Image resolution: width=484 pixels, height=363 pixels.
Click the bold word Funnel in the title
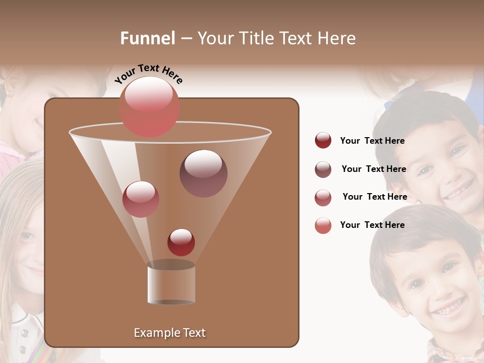pyautogui.click(x=147, y=38)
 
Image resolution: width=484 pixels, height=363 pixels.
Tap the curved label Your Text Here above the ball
pyautogui.click(x=148, y=74)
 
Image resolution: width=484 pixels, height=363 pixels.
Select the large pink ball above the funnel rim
pyautogui.click(x=149, y=107)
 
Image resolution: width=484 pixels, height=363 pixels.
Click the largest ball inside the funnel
pyautogui.click(x=203, y=173)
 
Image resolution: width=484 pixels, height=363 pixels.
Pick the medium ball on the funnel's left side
pyautogui.click(x=141, y=199)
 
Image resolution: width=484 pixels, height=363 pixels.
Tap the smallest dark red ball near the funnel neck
pyautogui.click(x=181, y=242)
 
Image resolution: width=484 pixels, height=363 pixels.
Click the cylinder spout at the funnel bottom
pyautogui.click(x=171, y=283)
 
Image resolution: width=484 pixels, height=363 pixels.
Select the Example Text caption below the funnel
pyautogui.click(x=169, y=333)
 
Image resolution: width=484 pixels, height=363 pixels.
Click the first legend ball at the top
pyautogui.click(x=323, y=140)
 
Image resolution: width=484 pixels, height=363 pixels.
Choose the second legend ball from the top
pyautogui.click(x=323, y=169)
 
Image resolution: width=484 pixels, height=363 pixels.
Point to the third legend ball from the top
pyautogui.click(x=323, y=198)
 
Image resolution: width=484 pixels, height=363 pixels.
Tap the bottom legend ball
pyautogui.click(x=323, y=225)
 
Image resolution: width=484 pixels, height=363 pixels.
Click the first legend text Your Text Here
pyautogui.click(x=372, y=141)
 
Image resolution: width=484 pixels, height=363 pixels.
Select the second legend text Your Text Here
pyautogui.click(x=374, y=169)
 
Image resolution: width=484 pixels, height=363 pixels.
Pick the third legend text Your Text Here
pyautogui.click(x=375, y=197)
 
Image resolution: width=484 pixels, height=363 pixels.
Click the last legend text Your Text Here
pyautogui.click(x=372, y=225)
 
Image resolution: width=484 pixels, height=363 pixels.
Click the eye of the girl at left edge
pyautogui.click(x=26, y=236)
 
